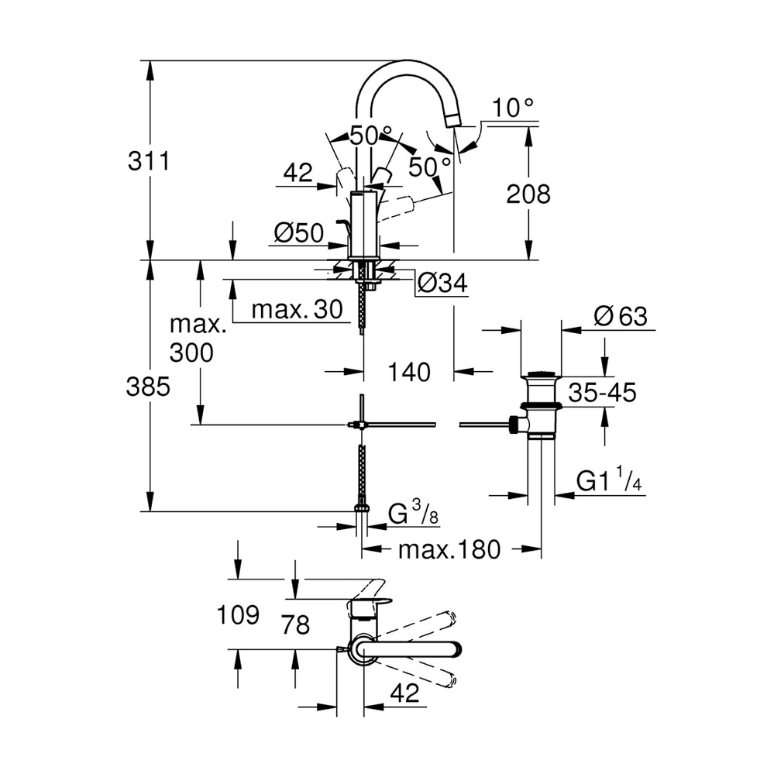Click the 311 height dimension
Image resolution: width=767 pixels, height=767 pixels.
147,162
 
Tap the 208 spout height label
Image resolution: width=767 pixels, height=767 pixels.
528,194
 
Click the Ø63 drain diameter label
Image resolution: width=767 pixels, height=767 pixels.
620,316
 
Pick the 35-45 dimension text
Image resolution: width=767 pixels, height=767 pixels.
602,393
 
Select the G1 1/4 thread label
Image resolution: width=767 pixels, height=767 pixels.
609,481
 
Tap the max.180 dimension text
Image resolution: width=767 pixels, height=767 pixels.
449,550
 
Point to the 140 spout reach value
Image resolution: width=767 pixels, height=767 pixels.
408,373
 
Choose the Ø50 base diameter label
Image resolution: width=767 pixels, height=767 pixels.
298,232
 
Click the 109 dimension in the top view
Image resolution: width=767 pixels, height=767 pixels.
236,616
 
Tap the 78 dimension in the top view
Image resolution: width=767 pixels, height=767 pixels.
295,624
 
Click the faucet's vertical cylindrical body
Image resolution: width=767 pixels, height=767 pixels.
363,225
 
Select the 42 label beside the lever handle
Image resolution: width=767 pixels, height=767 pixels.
297,173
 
